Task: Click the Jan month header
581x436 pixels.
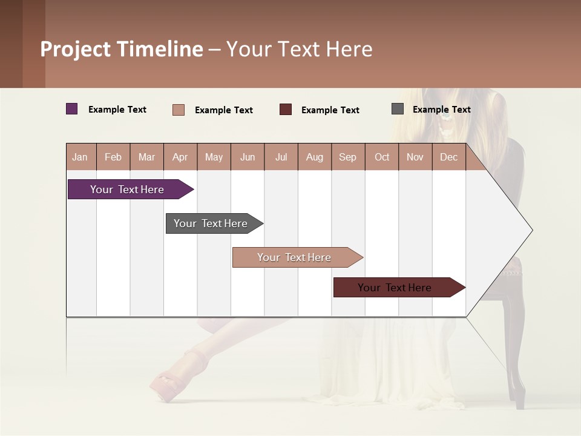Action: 80,157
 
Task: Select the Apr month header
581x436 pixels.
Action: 180,157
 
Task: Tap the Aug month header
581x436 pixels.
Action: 314,157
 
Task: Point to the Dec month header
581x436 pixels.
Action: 448,157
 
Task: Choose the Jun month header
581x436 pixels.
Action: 247,157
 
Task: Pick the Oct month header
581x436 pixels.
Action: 381,157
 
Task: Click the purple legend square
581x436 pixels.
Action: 71,109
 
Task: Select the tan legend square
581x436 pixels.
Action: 178,110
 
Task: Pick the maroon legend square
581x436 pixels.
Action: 286,110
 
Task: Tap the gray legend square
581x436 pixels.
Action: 397,109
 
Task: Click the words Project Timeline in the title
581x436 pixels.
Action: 121,49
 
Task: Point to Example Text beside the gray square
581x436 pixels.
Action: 441,110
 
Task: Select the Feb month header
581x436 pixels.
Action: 113,157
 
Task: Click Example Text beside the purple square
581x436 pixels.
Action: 117,110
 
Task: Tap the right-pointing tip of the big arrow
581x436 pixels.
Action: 530,230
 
